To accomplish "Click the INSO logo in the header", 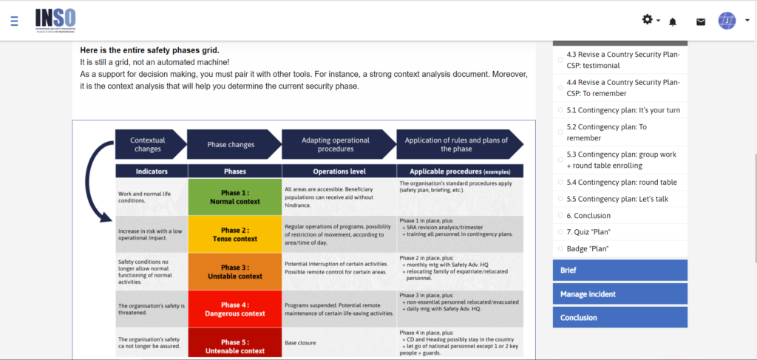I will [x=55, y=21].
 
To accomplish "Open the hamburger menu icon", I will [x=15, y=21].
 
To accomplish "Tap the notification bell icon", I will [x=673, y=21].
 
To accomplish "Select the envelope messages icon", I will [x=701, y=21].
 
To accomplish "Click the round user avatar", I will [x=727, y=21].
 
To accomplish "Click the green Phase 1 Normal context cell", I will [x=234, y=197].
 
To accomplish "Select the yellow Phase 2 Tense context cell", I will [x=234, y=234].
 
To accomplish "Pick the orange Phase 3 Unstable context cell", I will [x=234, y=271].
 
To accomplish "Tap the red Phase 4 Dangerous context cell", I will [x=234, y=309].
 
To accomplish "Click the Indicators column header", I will [x=152, y=171].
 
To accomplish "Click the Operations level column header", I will [x=339, y=171].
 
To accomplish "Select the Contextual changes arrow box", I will [x=148, y=144].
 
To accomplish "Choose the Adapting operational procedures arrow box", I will [x=337, y=144].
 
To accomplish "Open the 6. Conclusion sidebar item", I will [x=588, y=216].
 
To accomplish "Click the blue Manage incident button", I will [x=619, y=294].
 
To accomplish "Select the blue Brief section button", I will [x=619, y=271].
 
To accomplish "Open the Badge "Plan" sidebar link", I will [x=587, y=248].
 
